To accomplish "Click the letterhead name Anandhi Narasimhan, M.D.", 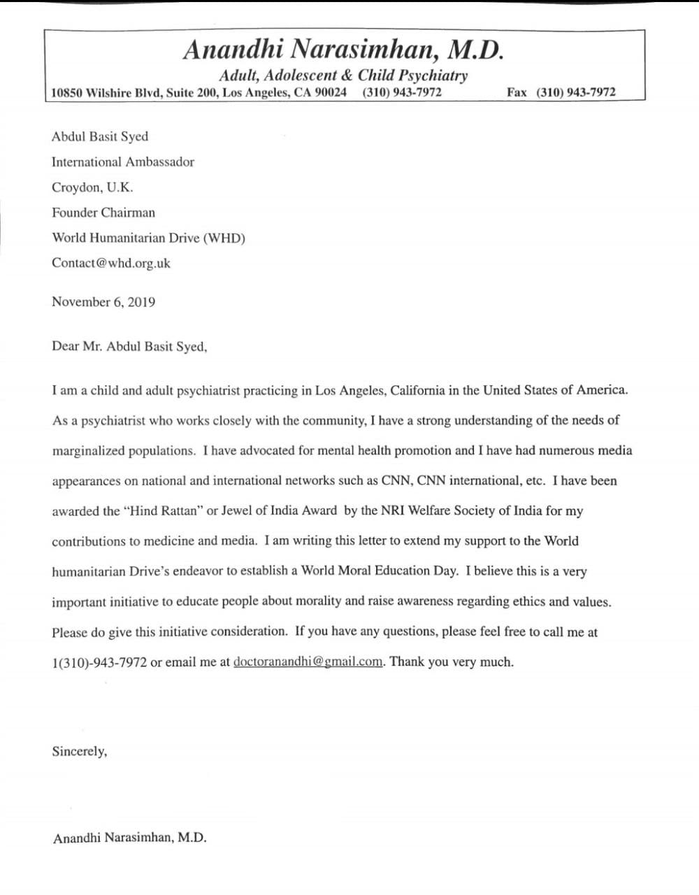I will [343, 50].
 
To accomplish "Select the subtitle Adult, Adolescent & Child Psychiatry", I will [343, 76].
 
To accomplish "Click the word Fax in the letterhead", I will [517, 93].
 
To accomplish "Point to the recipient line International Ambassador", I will [123, 162].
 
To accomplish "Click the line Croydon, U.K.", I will [92, 187].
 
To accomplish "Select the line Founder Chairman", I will [103, 213].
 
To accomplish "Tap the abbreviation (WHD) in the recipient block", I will [224, 238].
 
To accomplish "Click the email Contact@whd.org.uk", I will [111, 264].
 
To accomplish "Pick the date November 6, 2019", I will [103, 302].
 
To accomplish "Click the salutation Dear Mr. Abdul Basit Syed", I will [129, 346].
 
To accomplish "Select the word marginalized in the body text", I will [89, 451].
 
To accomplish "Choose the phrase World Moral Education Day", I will [379, 571].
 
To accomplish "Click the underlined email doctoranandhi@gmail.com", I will [308, 661].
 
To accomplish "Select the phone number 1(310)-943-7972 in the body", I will [99, 662].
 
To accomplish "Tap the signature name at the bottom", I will [129, 838].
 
